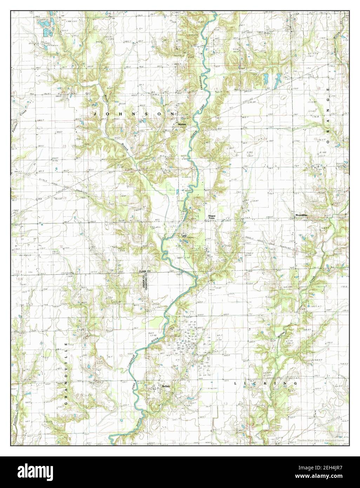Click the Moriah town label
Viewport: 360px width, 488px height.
pos(182,125)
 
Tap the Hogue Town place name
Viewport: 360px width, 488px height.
pos(211,217)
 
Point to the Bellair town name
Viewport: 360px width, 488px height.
pos(166,386)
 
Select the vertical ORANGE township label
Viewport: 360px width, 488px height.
pos(328,116)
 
